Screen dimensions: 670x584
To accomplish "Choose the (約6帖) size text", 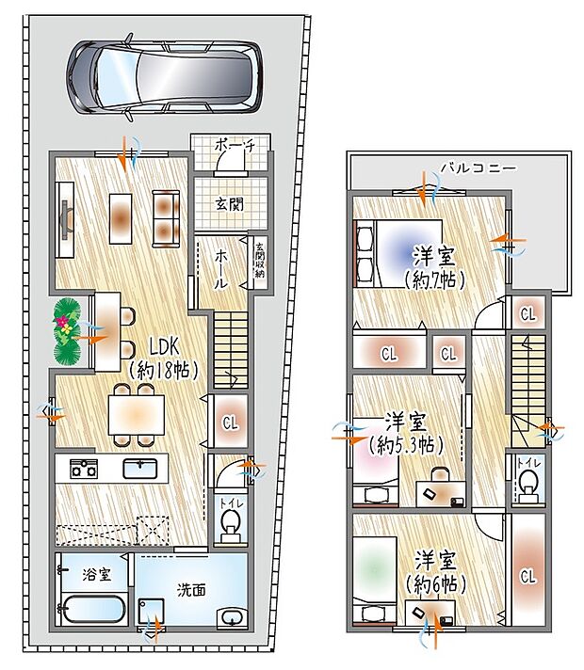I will (435, 584).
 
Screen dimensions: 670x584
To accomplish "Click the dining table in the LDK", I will (135, 413).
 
